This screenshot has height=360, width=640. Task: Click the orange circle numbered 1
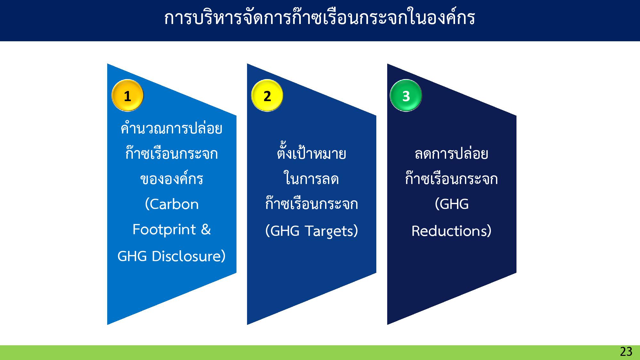[127, 95]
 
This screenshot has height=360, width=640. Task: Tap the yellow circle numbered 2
[267, 95]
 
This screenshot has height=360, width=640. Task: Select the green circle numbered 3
[406, 95]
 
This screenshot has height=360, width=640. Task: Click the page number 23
[626, 352]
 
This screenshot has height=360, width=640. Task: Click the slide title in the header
[319, 18]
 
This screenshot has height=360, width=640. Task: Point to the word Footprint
[164, 230]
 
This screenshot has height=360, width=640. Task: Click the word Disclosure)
[189, 256]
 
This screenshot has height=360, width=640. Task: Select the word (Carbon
[172, 204]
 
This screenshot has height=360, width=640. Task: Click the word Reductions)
[451, 231]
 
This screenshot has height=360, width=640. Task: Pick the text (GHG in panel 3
[452, 204]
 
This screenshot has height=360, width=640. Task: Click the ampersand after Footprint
[206, 230]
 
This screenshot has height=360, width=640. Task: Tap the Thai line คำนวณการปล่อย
[172, 129]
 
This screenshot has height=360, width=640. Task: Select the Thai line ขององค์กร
[172, 179]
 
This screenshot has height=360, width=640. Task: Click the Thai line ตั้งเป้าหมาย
[311, 154]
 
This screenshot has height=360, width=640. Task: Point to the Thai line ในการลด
[311, 179]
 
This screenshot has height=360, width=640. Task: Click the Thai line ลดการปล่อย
[451, 154]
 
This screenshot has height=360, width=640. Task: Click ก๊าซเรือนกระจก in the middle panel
[311, 204]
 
